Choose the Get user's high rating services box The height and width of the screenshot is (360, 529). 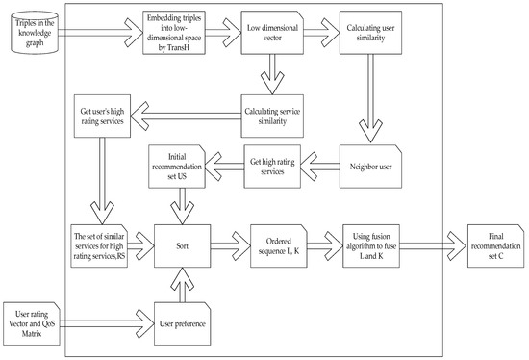tap(102, 112)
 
